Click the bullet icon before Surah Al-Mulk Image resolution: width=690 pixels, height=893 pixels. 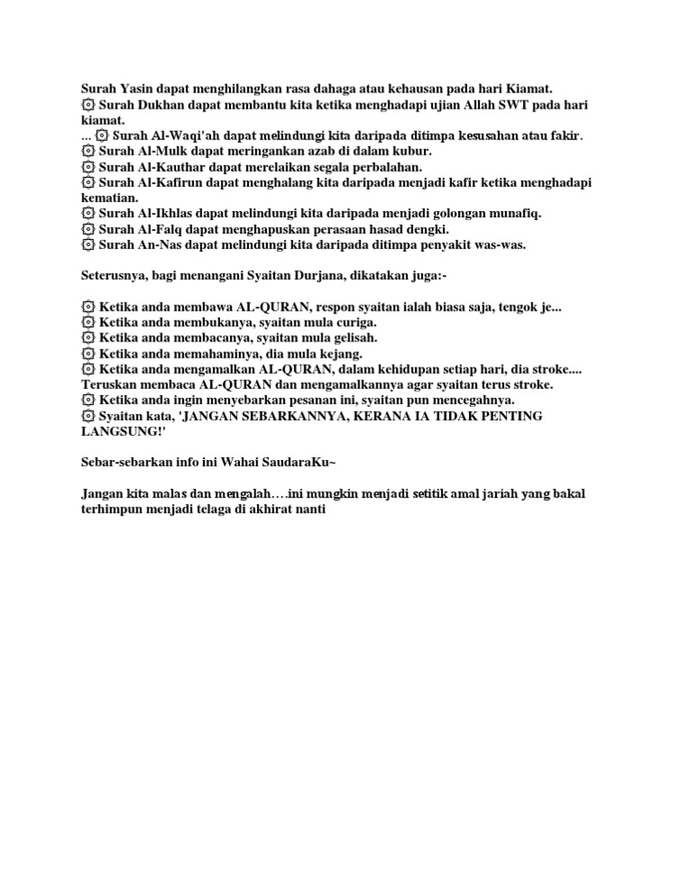pos(87,151)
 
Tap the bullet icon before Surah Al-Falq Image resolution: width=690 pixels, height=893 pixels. pos(87,228)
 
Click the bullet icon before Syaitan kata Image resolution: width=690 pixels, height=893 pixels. pos(87,415)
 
